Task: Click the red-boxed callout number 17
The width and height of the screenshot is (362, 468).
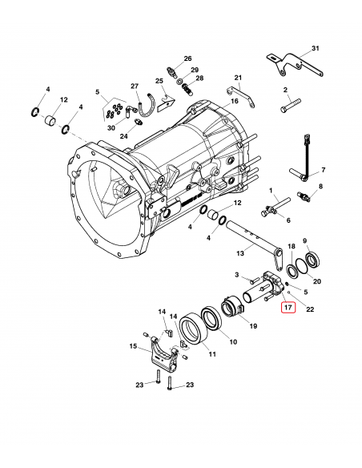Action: point(288,307)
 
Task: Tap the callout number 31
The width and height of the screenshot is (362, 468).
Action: point(316,48)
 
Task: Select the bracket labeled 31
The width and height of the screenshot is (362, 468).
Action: point(296,65)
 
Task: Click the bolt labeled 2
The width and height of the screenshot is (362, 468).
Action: point(291,105)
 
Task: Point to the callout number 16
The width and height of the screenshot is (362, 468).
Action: point(235,101)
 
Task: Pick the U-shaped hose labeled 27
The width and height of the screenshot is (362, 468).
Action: point(147,106)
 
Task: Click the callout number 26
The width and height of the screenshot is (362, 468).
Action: point(187,58)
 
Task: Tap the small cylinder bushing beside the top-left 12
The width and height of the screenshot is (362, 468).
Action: point(50,120)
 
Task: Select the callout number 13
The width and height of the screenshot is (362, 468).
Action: point(240,253)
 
